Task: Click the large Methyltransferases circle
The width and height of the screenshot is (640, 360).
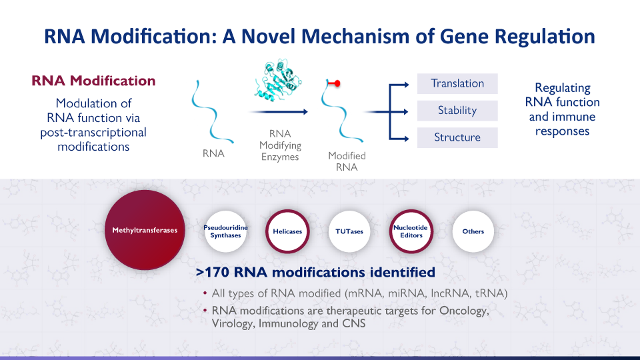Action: [x=145, y=231]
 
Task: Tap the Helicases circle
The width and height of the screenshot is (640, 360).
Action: [x=287, y=231]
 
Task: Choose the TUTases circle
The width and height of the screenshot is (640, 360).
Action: [x=349, y=231]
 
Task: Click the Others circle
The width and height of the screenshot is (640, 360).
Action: [x=473, y=231]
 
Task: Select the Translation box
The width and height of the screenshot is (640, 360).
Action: [x=457, y=83]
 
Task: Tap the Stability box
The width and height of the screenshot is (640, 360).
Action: [x=457, y=110]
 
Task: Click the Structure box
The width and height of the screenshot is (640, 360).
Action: [x=457, y=137]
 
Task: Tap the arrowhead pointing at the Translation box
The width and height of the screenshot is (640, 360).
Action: [x=405, y=84]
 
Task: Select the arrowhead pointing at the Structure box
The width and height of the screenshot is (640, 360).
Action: [x=405, y=138]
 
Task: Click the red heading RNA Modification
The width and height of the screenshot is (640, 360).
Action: [x=93, y=81]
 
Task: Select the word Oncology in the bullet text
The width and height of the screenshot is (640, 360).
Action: [x=463, y=311]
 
